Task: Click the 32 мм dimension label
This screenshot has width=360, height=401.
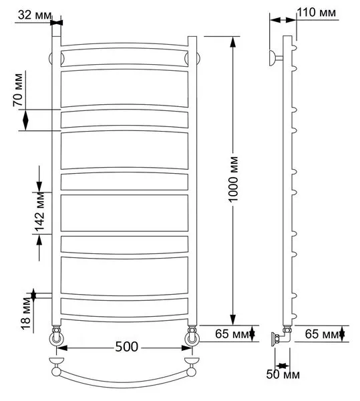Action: tap(35, 15)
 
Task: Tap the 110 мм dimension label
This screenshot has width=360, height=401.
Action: tap(317, 12)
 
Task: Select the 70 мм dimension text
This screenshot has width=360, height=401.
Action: tap(18, 90)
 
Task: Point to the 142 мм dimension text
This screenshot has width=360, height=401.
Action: tap(39, 211)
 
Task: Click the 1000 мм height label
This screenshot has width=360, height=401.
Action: tap(233, 179)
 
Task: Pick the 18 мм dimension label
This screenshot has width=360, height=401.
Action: tap(26, 313)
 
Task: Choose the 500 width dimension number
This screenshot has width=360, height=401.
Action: tap(127, 347)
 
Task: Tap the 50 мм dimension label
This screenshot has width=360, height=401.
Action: tap(283, 374)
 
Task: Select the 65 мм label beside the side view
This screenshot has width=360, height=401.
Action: tap(322, 333)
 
